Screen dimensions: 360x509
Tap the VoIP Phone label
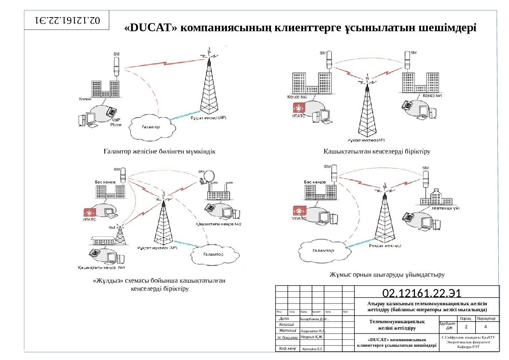[x=116, y=123]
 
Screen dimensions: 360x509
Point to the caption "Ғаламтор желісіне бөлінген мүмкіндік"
[x=159, y=151]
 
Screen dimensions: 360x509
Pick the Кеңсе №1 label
[x=433, y=96]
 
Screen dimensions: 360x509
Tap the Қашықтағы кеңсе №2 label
[x=218, y=224]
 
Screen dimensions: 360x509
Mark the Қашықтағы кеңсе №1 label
[x=101, y=268]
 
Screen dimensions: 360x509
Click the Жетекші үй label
[x=445, y=208]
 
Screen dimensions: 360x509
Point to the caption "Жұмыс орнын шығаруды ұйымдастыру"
[x=387, y=274]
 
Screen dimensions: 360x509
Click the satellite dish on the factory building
[x=209, y=175]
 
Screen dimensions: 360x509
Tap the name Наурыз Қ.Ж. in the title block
[x=312, y=337]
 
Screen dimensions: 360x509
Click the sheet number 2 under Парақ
[x=466, y=327]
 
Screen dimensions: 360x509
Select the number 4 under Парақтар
[x=486, y=327]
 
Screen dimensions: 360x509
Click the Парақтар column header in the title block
[x=486, y=319]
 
